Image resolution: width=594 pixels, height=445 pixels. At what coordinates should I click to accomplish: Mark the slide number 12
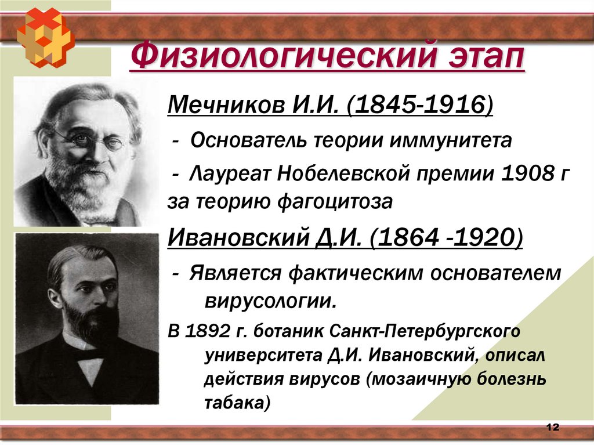552,428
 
